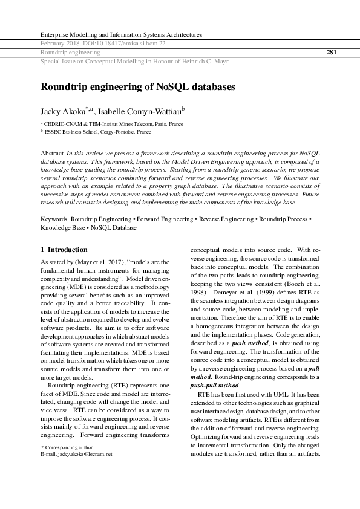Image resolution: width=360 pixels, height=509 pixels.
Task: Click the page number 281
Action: pos(331,53)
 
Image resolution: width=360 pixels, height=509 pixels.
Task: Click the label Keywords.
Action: pos(54,218)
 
